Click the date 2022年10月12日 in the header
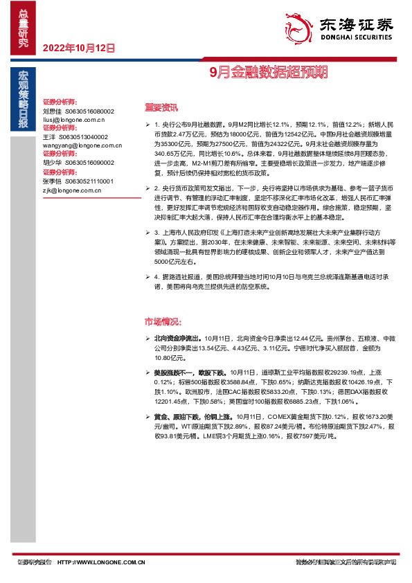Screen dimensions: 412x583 pos(78,48)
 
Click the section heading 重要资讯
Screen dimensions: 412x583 pos(161,107)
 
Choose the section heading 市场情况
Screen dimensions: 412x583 pos(163,323)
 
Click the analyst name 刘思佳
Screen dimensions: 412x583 pos(52,110)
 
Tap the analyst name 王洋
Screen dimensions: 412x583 pos(48,137)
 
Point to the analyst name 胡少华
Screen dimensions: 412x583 pos(52,163)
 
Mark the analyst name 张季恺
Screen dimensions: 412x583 pos(52,180)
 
